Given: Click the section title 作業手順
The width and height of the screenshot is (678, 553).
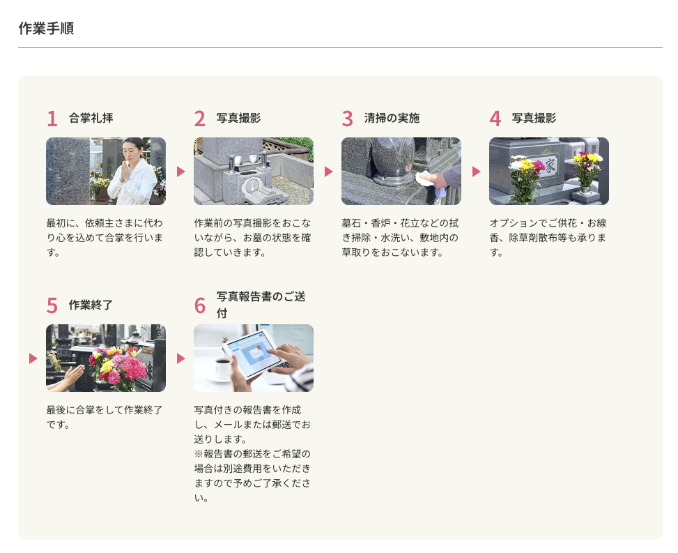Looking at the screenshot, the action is tap(46, 29).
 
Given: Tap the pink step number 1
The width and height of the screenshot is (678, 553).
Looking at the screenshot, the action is tap(52, 119).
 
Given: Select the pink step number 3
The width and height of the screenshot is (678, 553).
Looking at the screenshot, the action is tap(347, 119).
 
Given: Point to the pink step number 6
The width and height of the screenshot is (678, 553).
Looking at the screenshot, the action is tap(199, 305).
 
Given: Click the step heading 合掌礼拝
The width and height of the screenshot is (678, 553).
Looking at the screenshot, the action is tap(91, 118).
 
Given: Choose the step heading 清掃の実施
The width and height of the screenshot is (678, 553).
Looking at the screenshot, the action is tap(392, 118).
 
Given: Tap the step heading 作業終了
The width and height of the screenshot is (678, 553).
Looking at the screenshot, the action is tap(91, 305).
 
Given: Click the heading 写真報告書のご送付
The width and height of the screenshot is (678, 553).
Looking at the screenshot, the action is tap(261, 305).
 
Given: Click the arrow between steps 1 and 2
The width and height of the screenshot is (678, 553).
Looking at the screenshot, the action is tap(180, 172).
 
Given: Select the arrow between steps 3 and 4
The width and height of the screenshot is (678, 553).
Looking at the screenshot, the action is tap(476, 172).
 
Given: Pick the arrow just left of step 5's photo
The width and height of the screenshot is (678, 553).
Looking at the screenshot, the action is tap(33, 358).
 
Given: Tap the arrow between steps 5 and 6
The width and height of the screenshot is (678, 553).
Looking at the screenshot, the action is tap(180, 358).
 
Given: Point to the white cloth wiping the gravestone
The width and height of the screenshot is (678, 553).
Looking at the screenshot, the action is tap(426, 179).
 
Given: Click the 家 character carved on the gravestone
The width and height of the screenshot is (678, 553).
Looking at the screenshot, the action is tap(550, 165).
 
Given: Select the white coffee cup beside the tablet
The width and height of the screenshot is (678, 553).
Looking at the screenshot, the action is tap(222, 369).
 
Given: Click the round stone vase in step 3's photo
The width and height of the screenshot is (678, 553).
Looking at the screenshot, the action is tap(394, 160).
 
